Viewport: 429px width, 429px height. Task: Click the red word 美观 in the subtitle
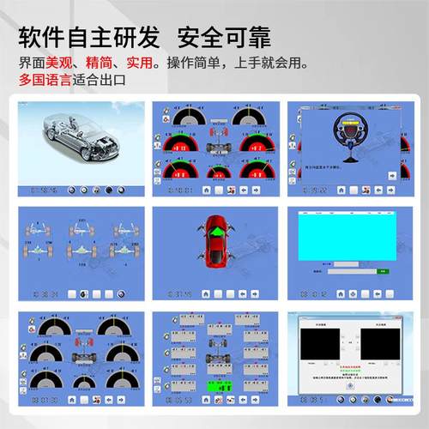(x=58, y=63)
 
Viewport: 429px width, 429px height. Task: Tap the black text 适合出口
(x=100, y=81)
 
